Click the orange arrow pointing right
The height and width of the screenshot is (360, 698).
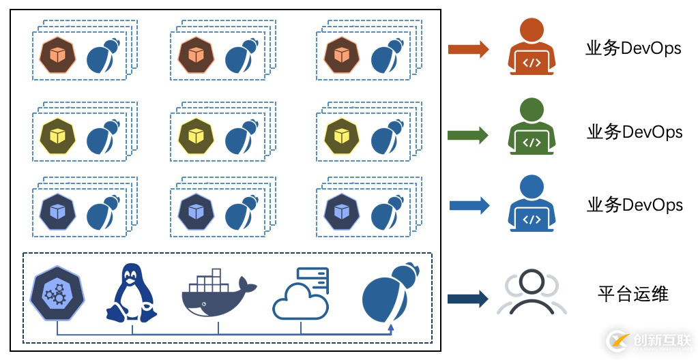[468, 49]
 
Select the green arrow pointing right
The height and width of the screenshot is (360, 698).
[467, 135]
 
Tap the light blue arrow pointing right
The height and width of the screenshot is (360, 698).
[469, 205]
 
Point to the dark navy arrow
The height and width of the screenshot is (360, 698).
[467, 299]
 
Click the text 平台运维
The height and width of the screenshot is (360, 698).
[633, 294]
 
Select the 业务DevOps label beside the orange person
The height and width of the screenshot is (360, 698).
[633, 48]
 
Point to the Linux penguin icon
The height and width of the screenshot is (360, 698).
[130, 293]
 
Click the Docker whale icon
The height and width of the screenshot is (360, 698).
[218, 294]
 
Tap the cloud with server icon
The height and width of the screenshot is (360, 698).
[302, 294]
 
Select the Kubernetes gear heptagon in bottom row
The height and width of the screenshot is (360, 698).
[56, 294]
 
